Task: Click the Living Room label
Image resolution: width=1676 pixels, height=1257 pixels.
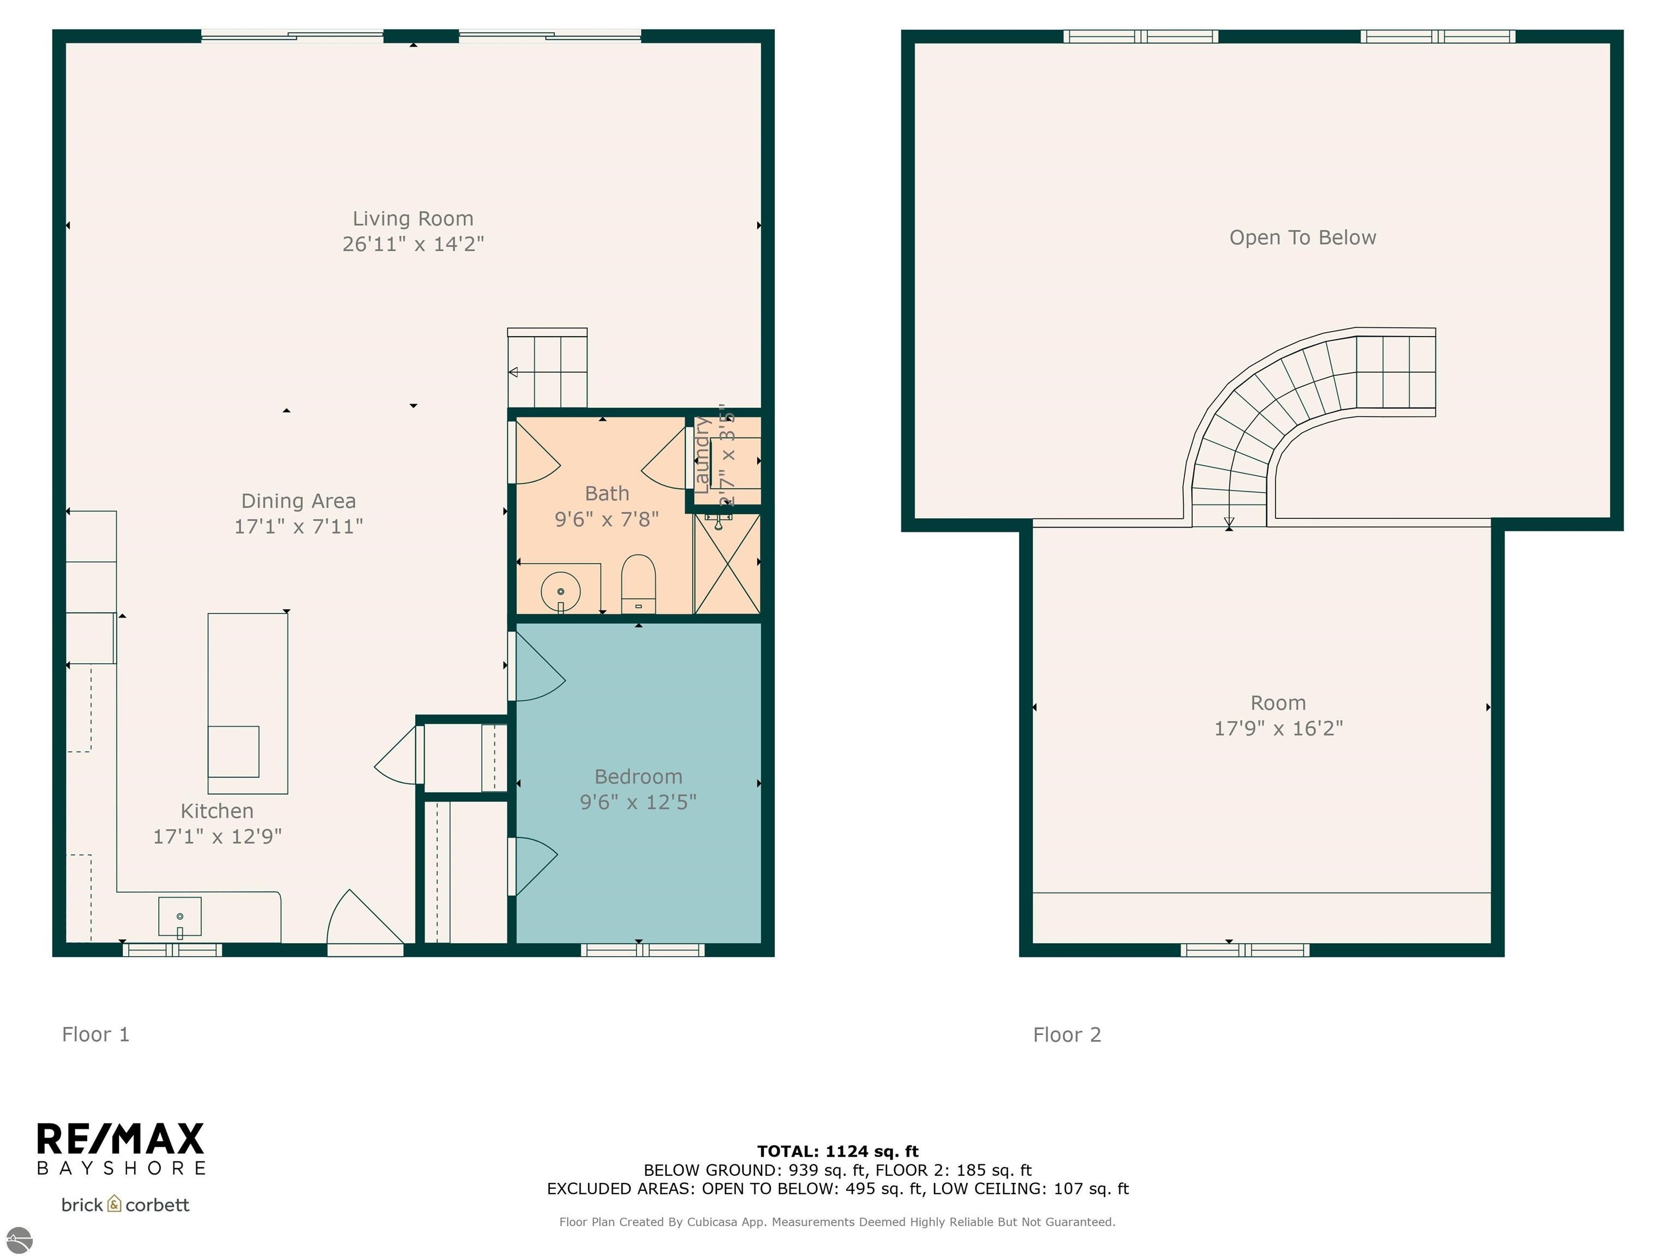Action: [413, 219]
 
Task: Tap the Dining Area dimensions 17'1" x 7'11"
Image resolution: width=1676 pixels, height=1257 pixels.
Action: [298, 526]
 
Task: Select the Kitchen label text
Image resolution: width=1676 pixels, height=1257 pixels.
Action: [217, 811]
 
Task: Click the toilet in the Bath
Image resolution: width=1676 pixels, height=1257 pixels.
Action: [638, 583]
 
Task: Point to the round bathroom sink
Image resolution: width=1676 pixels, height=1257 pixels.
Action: [561, 591]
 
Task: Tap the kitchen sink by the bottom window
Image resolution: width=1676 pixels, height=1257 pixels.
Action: [179, 917]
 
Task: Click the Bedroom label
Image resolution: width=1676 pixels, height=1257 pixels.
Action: [638, 777]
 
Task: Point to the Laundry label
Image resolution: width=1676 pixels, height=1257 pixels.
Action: [702, 454]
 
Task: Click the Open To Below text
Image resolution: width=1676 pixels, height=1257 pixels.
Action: [1302, 238]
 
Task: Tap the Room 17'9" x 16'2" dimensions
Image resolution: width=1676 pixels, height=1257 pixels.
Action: [1278, 728]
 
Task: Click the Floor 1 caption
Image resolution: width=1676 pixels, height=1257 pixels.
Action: [95, 1034]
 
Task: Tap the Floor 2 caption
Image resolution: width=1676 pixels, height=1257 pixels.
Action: [1067, 1035]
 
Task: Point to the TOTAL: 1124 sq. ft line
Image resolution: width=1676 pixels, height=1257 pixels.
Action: [837, 1151]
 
